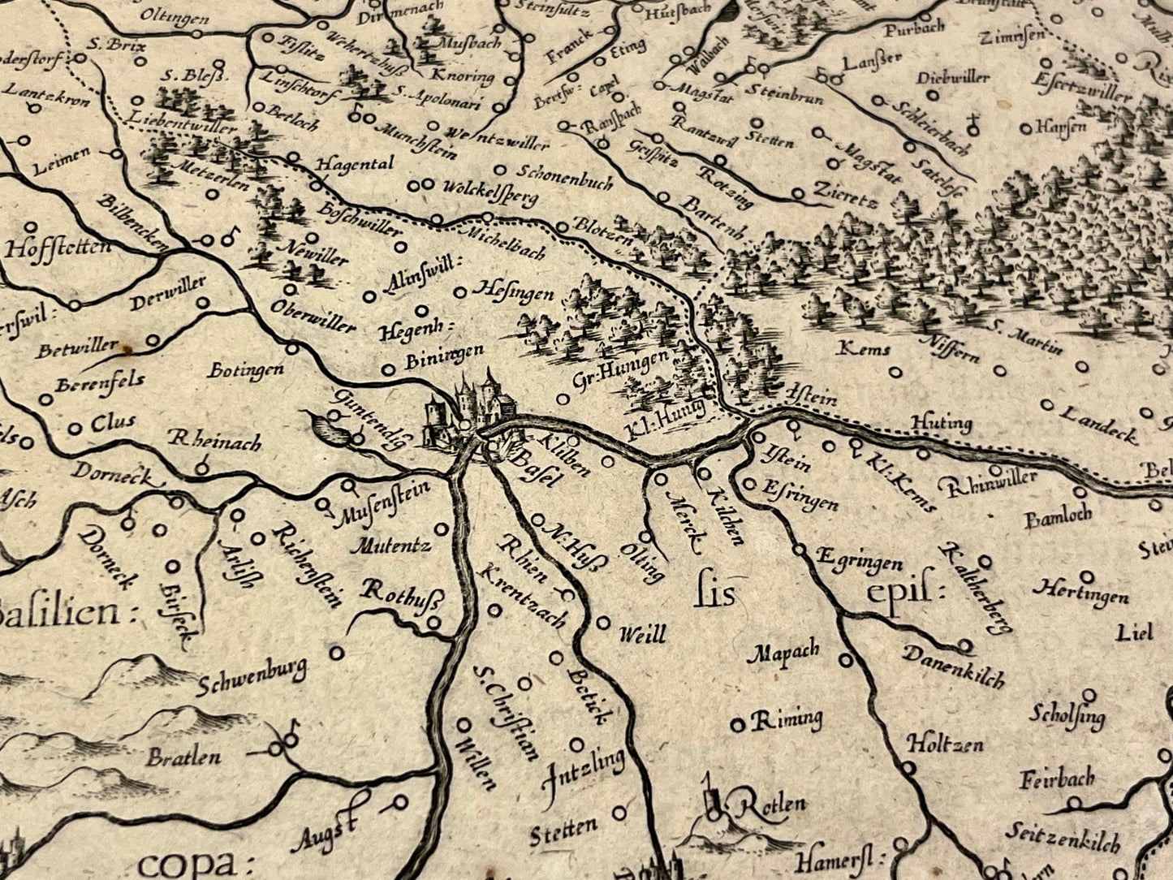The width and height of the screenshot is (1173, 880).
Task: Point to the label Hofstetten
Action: pos(58,246)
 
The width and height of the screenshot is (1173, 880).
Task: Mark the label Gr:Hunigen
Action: pos(620,370)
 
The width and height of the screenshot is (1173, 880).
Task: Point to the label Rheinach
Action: pos(214,441)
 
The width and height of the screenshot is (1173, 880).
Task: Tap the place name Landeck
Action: pos(1099,423)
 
